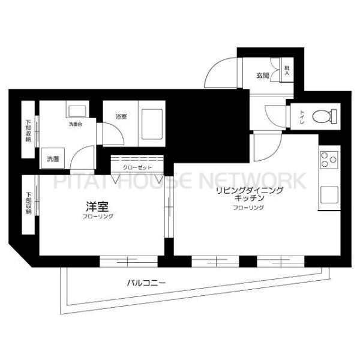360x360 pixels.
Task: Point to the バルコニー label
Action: [146, 281]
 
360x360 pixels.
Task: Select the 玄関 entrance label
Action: [262, 76]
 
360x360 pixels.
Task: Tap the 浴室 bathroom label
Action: [120, 117]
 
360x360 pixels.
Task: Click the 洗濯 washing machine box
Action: [53, 159]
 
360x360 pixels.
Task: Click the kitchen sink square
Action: [328, 195]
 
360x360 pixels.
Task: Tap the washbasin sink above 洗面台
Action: [76, 112]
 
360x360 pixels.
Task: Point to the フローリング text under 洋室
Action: [98, 216]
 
